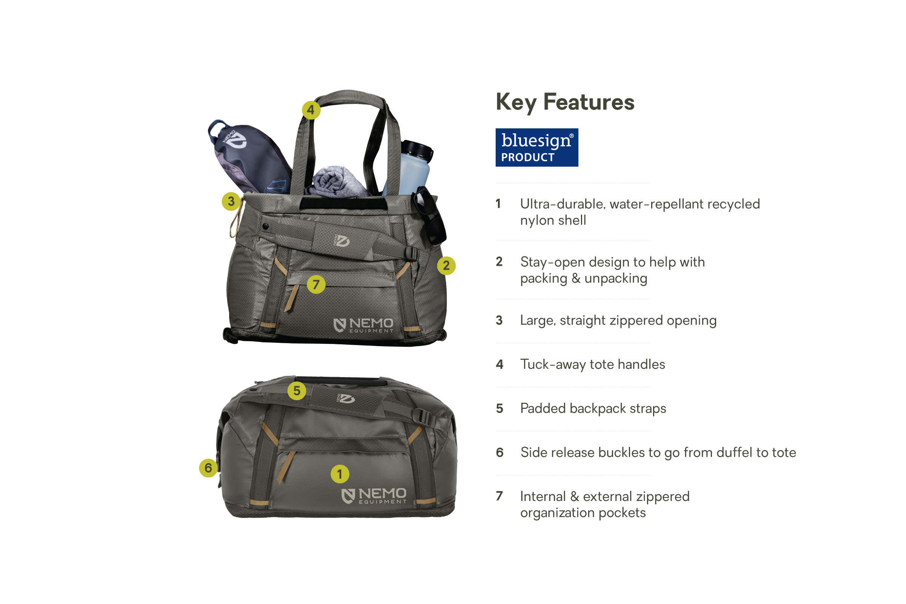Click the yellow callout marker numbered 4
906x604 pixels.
pos(311,110)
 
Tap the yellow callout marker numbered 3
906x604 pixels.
pos(231,201)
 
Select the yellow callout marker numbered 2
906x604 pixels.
pos(446,265)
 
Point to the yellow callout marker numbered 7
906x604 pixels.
pos(316,284)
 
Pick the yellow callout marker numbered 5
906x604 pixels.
pos(297,391)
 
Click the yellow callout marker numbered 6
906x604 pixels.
pos(208,468)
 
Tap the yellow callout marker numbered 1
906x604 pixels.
pos(340,474)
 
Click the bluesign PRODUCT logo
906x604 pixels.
pos(536,148)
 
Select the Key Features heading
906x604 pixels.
pos(565,102)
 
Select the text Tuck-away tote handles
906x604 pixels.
pos(592,364)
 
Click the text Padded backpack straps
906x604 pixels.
pos(593,408)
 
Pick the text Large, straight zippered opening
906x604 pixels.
pos(618,320)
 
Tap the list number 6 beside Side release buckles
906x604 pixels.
pos(499,452)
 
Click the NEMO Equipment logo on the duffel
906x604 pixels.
pos(374,496)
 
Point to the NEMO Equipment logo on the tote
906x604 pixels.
pos(364,325)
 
